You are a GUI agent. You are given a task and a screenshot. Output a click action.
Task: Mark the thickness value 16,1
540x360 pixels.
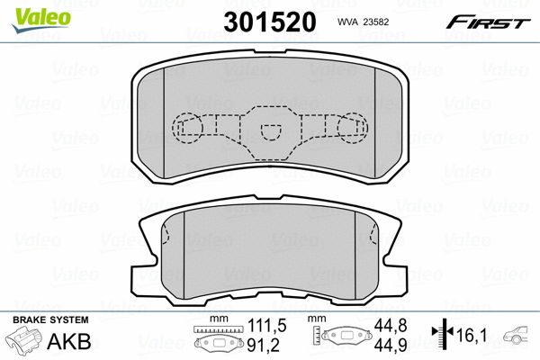click(x=475, y=335)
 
